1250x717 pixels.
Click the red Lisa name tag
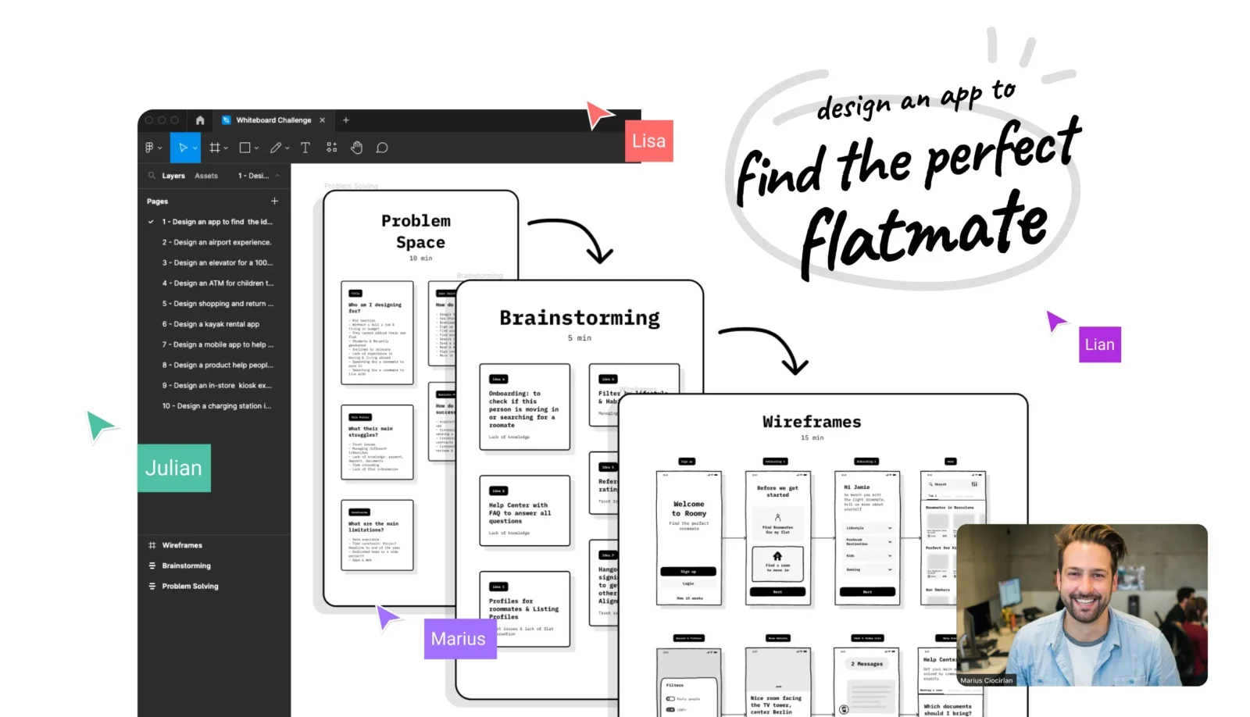648,141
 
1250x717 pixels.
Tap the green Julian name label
174,468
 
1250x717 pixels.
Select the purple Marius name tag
459,639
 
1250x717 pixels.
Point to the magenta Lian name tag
1099,344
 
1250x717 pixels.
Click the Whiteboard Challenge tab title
273,120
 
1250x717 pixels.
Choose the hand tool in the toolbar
356,148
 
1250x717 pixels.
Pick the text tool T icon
305,148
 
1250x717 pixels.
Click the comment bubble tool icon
382,148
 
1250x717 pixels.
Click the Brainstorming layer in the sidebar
186,565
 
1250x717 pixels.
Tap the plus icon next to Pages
274,201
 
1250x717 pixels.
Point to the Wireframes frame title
812,422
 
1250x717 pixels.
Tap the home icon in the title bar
200,120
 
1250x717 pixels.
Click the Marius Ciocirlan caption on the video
986,680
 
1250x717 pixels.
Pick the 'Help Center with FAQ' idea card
524,511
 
